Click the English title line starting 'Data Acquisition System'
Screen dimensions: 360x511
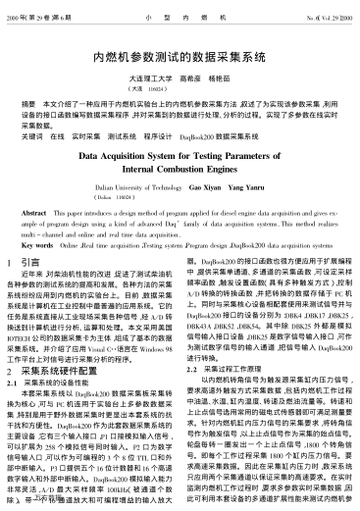click(180, 155)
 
